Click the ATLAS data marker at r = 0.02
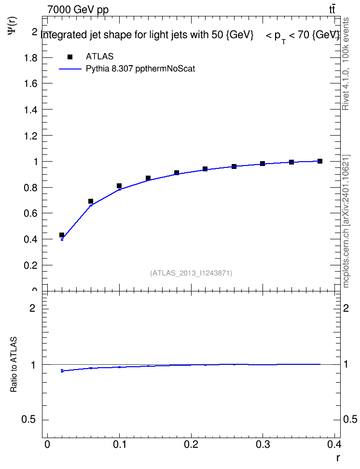tap(62, 235)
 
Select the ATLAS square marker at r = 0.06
tap(91, 201)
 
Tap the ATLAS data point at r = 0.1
tap(119, 186)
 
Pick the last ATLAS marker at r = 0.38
tap(320, 161)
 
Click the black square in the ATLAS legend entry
tap(70, 57)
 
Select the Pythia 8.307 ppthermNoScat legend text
tap(140, 69)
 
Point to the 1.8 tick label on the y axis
tap(30, 58)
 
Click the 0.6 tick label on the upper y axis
tap(30, 213)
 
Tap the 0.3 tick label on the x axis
tap(263, 444)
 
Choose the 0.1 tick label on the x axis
tap(120, 444)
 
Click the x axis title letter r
tap(338, 458)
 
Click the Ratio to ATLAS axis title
tap(14, 364)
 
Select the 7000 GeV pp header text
tap(78, 10)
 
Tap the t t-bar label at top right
tap(332, 9)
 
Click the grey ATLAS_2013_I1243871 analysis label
tap(191, 273)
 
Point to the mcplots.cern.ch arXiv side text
tap(346, 221)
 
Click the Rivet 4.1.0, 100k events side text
tap(346, 64)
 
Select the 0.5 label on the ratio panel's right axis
tap(350, 419)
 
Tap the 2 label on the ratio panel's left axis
tap(32, 308)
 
